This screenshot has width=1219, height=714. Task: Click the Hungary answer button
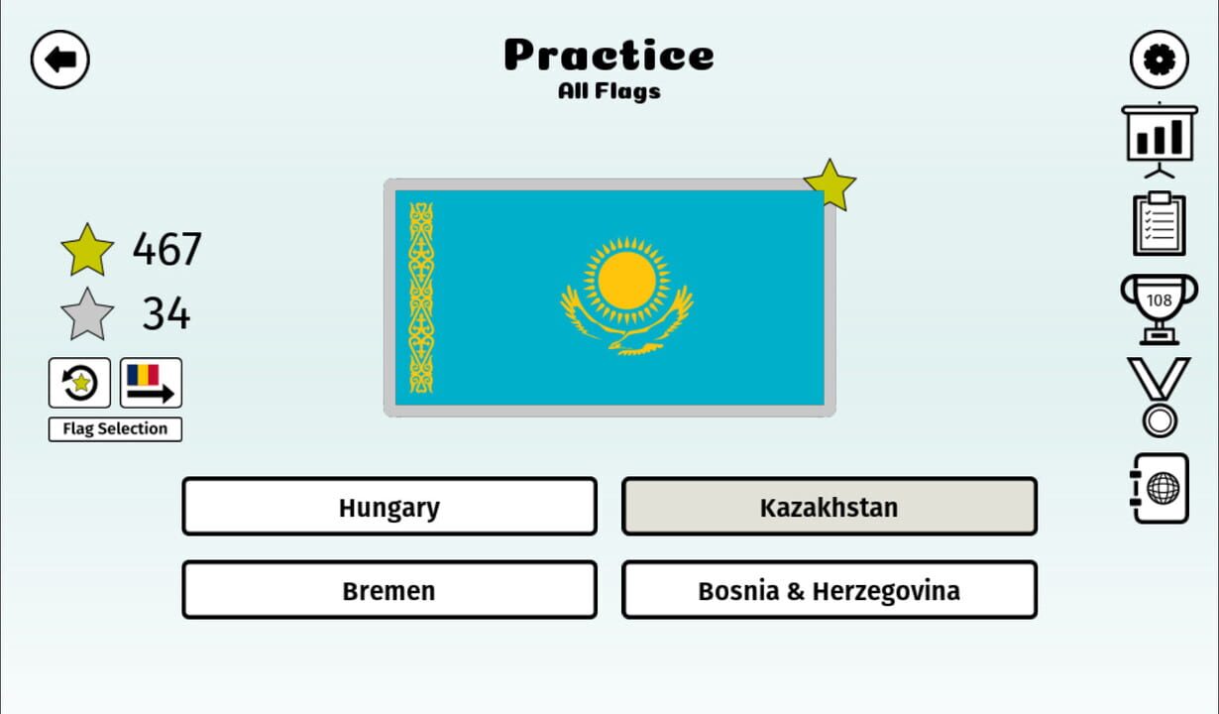pyautogui.click(x=388, y=507)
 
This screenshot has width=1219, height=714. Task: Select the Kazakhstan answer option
pyautogui.click(x=829, y=507)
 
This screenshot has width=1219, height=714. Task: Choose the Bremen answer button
pyautogui.click(x=388, y=590)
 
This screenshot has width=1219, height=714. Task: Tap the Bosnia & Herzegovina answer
pyautogui.click(x=829, y=590)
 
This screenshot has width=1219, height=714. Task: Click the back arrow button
pyautogui.click(x=60, y=59)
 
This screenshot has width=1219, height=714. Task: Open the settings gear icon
pyautogui.click(x=1159, y=59)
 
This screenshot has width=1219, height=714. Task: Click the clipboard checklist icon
pyautogui.click(x=1159, y=224)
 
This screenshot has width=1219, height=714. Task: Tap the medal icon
pyautogui.click(x=1159, y=397)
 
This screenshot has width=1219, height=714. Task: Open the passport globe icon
pyautogui.click(x=1160, y=488)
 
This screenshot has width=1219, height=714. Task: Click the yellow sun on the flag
pyautogui.click(x=626, y=280)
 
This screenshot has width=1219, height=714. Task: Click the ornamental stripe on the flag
pyautogui.click(x=421, y=297)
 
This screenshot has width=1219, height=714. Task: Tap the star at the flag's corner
pyautogui.click(x=830, y=184)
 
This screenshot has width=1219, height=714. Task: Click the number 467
pyautogui.click(x=166, y=249)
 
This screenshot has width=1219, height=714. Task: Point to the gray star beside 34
pyautogui.click(x=87, y=314)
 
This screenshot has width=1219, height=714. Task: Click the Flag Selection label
pyautogui.click(x=115, y=429)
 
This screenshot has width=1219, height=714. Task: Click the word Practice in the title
pyautogui.click(x=609, y=56)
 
